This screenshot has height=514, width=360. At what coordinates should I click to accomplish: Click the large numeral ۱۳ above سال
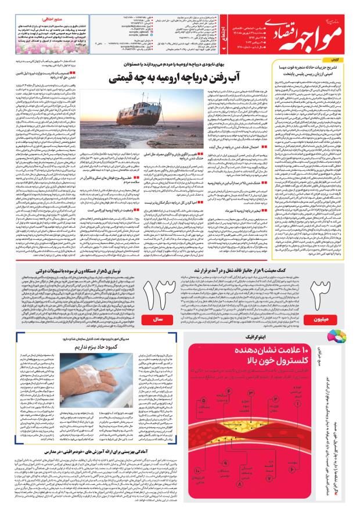pyautogui.click(x=157, y=279)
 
